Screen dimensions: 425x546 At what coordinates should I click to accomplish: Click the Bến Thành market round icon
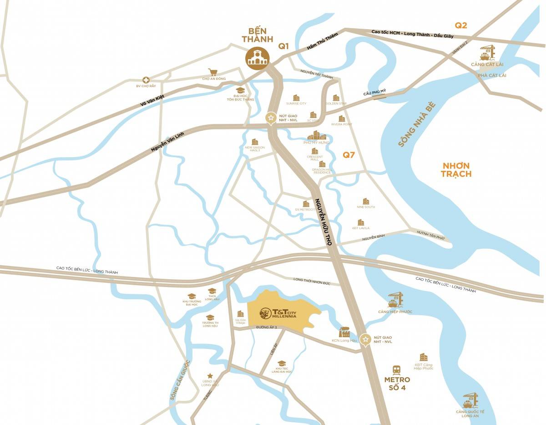click(x=258, y=58)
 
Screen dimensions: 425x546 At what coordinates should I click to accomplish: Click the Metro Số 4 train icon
click(x=397, y=369)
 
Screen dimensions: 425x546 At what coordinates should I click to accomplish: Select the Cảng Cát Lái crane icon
click(x=487, y=52)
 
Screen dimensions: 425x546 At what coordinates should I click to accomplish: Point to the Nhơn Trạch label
click(x=455, y=169)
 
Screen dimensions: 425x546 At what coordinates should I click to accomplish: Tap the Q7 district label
click(x=349, y=155)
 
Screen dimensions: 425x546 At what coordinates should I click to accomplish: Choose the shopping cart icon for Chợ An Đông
click(x=212, y=72)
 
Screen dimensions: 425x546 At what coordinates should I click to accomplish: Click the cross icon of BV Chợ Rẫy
click(x=146, y=80)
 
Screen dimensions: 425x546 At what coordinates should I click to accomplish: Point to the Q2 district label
click(x=461, y=26)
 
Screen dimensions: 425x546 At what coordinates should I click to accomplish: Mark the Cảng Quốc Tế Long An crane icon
click(x=470, y=401)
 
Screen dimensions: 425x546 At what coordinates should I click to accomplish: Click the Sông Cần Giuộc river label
click(x=179, y=380)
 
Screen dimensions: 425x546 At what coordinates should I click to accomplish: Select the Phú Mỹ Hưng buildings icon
click(x=317, y=135)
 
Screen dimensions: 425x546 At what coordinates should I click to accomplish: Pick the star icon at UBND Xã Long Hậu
click(x=210, y=376)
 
